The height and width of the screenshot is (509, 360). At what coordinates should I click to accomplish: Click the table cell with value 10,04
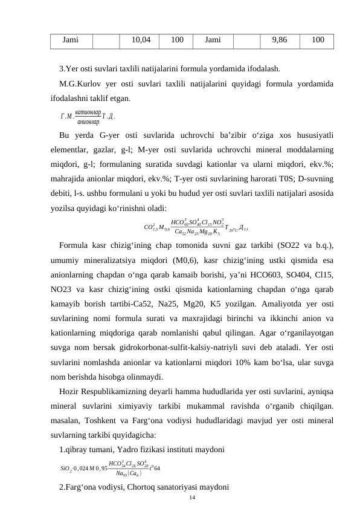click(141, 40)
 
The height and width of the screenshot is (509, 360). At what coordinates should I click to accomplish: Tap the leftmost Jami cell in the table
click(71, 40)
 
